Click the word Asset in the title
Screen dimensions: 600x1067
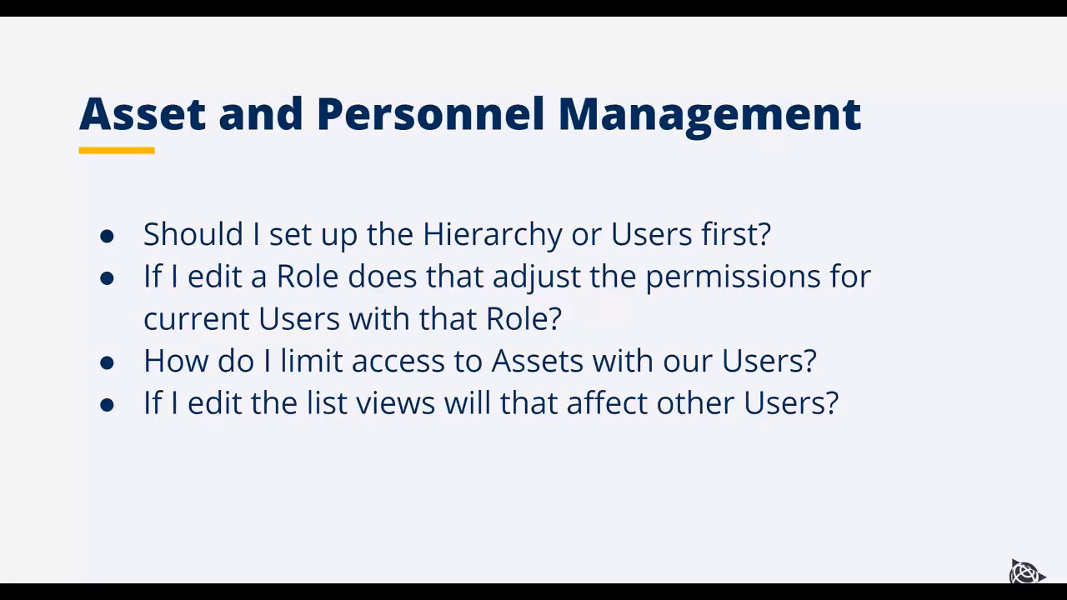pos(142,113)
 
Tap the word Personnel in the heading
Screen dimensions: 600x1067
pos(429,113)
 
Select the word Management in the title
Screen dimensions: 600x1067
pos(709,115)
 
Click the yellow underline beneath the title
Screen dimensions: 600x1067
pos(117,151)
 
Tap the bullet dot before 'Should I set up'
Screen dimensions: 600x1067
pos(107,236)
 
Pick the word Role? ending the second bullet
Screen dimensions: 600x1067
pos(523,318)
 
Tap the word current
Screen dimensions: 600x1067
pos(197,319)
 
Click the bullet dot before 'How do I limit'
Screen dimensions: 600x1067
pos(107,362)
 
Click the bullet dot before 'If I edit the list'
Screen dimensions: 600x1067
pos(107,405)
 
